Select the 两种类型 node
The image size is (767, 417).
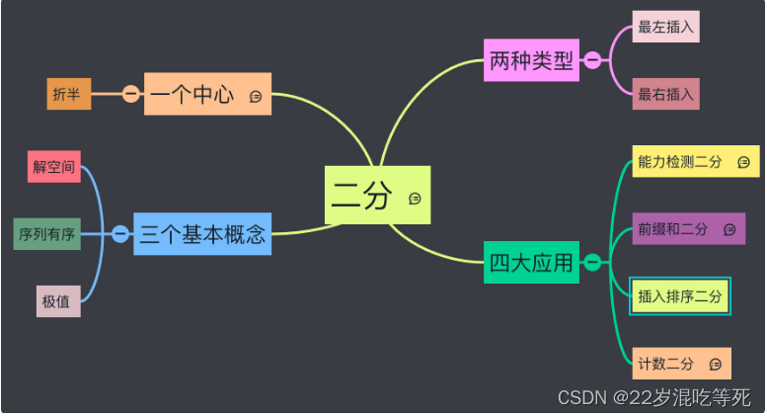pyautogui.click(x=531, y=61)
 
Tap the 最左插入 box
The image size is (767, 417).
pyautogui.click(x=665, y=28)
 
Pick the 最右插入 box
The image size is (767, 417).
pyautogui.click(x=665, y=95)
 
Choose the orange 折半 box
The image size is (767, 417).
pyautogui.click(x=68, y=94)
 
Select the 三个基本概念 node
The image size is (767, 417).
pyautogui.click(x=202, y=234)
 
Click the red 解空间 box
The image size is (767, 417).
pyautogui.click(x=53, y=167)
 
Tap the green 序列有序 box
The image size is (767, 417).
pyautogui.click(x=46, y=234)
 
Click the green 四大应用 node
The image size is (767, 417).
pyautogui.click(x=531, y=262)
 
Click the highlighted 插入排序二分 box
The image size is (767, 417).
pyautogui.click(x=680, y=295)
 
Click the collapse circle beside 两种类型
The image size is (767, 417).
pyautogui.click(x=592, y=61)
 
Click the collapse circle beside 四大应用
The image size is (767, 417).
pyautogui.click(x=592, y=262)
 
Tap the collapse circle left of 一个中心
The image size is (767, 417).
pyautogui.click(x=131, y=94)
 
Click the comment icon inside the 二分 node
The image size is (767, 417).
pyautogui.click(x=415, y=199)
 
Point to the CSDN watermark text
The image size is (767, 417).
pyautogui.click(x=653, y=397)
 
